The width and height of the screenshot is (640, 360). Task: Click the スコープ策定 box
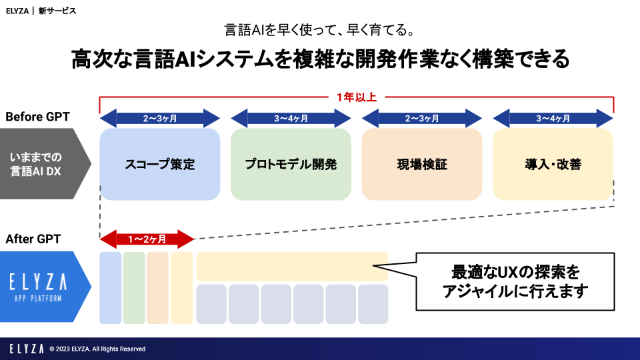click(159, 164)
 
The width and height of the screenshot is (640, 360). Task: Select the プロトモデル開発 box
click(291, 164)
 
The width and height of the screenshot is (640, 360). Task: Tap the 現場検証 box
click(421, 164)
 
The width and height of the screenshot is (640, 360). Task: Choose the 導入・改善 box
click(553, 164)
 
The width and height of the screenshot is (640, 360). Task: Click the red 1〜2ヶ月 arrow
click(147, 238)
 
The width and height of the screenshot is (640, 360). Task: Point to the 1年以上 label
click(357, 97)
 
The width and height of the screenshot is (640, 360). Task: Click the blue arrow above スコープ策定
click(159, 119)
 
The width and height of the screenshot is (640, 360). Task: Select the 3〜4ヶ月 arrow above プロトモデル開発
click(291, 119)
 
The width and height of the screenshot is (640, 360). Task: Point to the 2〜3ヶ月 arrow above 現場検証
click(421, 119)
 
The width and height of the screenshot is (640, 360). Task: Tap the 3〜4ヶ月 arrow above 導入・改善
click(553, 119)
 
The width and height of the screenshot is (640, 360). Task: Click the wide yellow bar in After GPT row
click(292, 266)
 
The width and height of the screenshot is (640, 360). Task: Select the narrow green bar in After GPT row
click(134, 287)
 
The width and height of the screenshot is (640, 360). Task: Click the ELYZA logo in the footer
click(27, 349)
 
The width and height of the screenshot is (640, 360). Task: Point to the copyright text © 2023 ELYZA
click(97, 349)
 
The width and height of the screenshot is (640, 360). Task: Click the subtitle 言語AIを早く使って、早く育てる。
click(320, 31)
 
